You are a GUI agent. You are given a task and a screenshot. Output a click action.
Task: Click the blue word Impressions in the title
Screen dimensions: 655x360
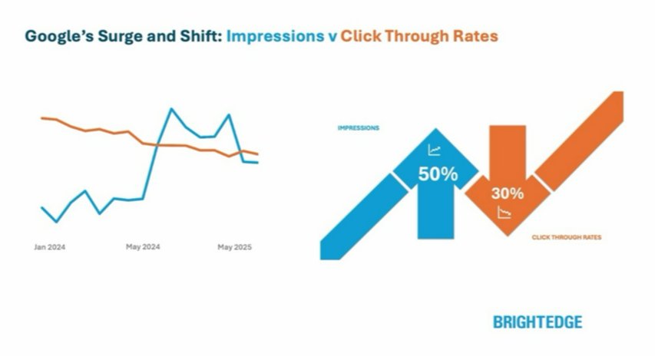click(275, 36)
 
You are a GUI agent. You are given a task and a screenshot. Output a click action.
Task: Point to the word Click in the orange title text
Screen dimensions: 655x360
click(360, 36)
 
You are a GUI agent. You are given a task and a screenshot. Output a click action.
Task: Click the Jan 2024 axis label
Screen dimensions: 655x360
click(50, 247)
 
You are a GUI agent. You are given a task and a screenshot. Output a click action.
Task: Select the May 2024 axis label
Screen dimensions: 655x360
click(143, 247)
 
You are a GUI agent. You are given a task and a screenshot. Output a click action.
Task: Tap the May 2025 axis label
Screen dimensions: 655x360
click(234, 247)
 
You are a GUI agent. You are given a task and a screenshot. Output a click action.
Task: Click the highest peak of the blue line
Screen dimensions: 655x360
click(171, 109)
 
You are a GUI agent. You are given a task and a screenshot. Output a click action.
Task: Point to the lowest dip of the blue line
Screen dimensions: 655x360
click(56, 222)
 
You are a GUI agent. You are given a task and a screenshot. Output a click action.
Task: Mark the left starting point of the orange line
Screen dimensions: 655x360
click(41, 118)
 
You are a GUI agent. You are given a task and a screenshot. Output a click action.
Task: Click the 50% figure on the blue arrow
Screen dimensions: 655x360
click(438, 174)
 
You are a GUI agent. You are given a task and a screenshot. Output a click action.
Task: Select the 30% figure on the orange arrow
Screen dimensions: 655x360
click(507, 193)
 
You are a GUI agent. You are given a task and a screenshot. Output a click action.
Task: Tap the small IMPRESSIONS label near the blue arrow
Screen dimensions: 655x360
click(359, 128)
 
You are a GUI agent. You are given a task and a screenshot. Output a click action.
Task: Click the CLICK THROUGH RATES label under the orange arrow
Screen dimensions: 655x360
click(567, 237)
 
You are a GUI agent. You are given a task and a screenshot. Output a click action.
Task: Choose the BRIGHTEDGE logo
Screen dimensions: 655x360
click(538, 322)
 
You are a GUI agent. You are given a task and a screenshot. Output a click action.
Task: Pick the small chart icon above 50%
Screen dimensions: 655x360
click(435, 150)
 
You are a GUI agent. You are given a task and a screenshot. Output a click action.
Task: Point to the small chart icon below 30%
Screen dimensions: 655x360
click(504, 213)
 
